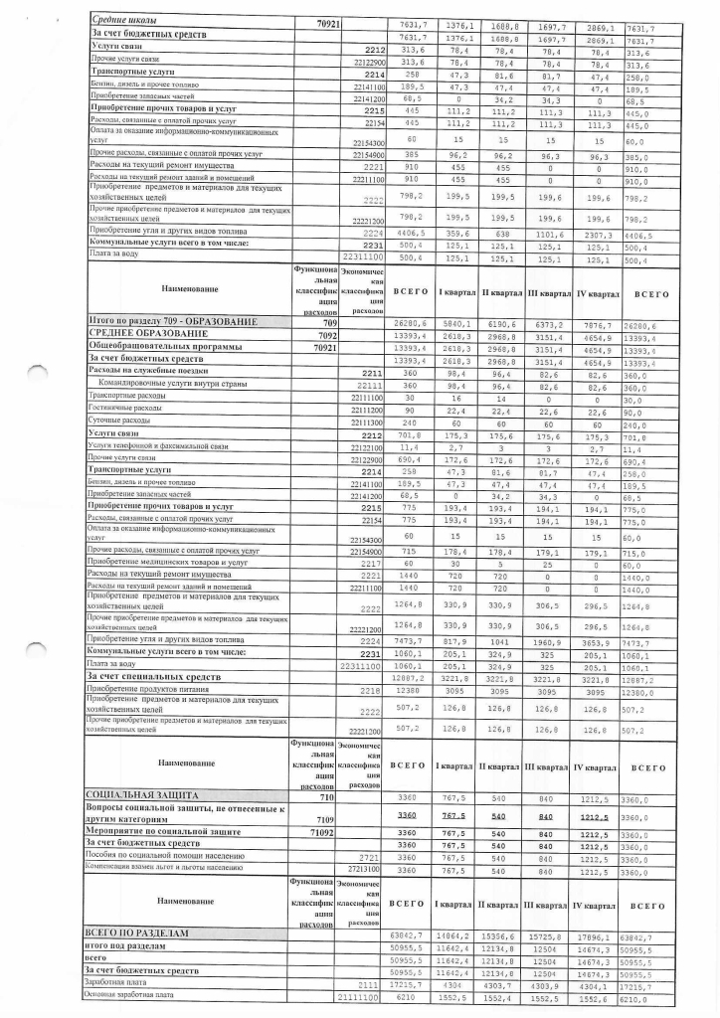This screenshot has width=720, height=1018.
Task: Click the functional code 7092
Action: pyautogui.click(x=325, y=336)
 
